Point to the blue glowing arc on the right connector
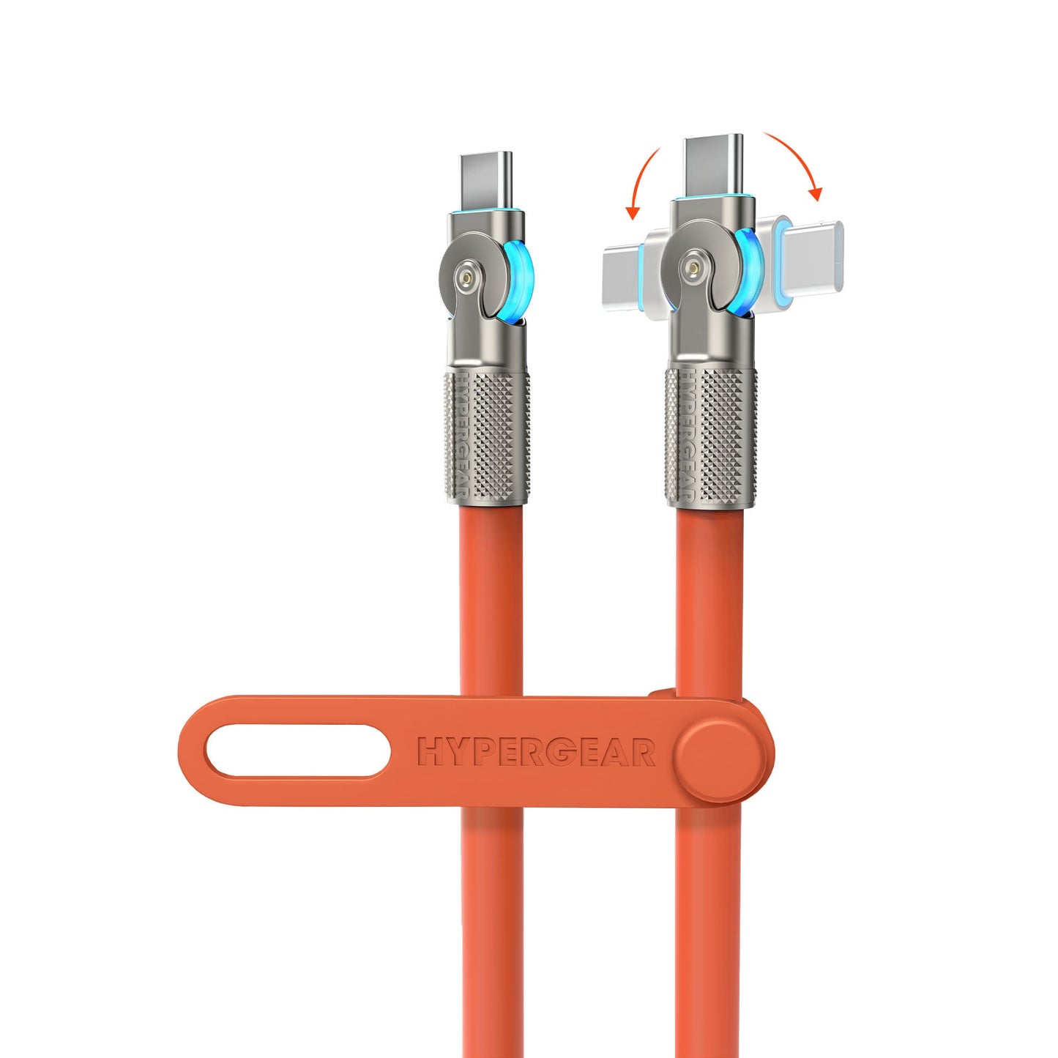click(748, 272)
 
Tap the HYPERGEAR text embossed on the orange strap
click(536, 753)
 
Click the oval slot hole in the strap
click(297, 750)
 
